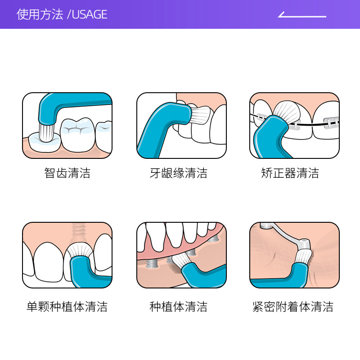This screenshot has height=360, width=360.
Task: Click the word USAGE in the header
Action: (x=90, y=14)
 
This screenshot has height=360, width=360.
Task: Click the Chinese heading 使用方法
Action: (x=40, y=14)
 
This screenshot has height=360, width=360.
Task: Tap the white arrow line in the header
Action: (x=301, y=16)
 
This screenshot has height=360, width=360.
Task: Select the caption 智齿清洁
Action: (x=67, y=173)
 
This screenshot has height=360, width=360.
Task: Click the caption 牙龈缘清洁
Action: (x=179, y=173)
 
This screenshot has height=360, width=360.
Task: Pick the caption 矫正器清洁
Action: (x=290, y=173)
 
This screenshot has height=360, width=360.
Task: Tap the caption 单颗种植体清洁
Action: (x=67, y=307)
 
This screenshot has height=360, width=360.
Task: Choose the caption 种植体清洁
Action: (x=179, y=307)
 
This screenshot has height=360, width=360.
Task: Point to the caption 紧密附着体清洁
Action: (x=293, y=307)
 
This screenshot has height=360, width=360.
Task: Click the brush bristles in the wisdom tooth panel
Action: (x=47, y=132)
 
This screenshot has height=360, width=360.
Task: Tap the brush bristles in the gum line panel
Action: (x=200, y=115)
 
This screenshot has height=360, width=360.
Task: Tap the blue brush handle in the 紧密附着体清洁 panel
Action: (x=288, y=279)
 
